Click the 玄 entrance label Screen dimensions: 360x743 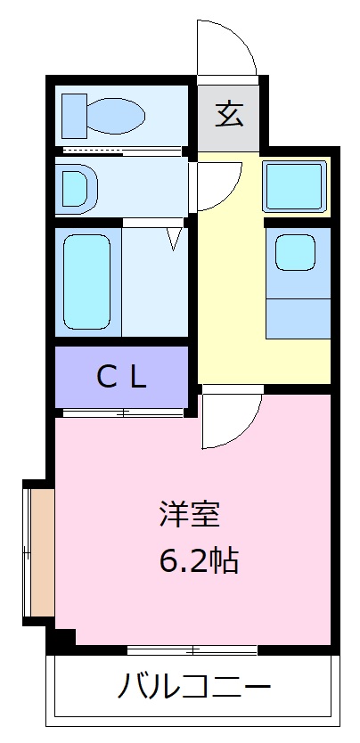[x=229, y=115]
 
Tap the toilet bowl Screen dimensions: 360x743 [x=117, y=116]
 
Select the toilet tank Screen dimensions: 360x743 [x=75, y=116]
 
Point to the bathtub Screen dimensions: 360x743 [x=86, y=282]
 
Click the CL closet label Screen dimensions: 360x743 [x=121, y=378]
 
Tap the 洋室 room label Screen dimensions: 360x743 [x=190, y=515]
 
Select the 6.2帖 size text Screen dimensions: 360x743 [x=199, y=560]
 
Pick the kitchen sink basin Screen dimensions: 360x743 [x=295, y=252]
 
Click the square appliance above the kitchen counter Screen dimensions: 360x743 [x=295, y=186]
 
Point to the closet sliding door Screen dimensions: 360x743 [x=123, y=412]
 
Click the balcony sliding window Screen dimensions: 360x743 [x=192, y=649]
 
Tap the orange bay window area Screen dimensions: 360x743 [x=42, y=552]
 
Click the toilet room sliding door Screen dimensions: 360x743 [x=122, y=151]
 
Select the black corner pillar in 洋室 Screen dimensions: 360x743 [x=65, y=637]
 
